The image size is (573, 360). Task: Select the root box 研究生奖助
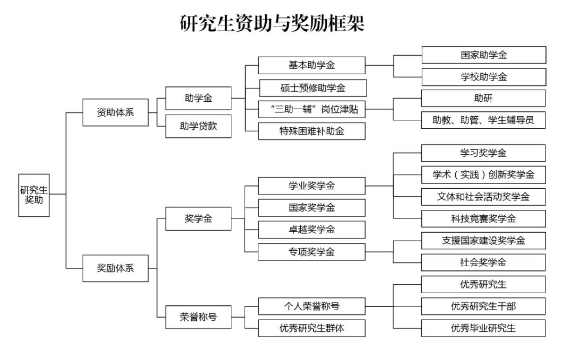pos(34,195)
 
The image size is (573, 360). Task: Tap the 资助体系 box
pos(115,112)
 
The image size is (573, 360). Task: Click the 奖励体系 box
pos(115,268)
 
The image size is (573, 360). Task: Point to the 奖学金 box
pos(198,218)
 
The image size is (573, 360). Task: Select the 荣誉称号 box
pos(198,317)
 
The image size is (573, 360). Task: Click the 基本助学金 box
pos(311,65)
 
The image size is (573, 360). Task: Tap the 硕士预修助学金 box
pos(312,87)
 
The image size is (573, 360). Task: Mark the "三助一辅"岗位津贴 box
pos(311,109)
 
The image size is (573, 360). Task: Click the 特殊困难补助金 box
pos(311,131)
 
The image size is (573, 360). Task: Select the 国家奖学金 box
pos(311,208)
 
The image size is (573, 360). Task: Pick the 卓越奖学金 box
pos(311,230)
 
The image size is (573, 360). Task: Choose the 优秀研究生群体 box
pos(311,328)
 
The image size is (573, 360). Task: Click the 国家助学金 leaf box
pos(483,55)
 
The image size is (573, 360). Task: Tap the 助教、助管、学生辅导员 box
pos(483,120)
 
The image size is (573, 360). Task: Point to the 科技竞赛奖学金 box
pos(483,218)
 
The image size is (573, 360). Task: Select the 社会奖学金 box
pos(483,262)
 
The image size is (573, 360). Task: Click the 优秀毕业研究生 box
pos(483,328)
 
